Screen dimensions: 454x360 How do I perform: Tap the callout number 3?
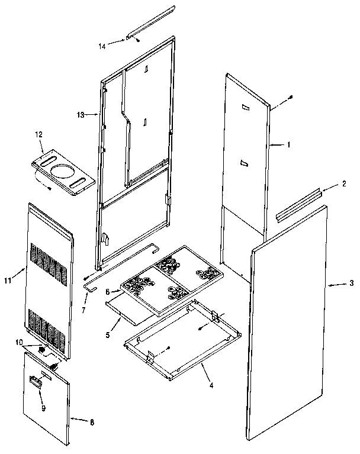pyautogui.click(x=351, y=285)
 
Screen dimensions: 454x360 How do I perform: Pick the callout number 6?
pyautogui.click(x=108, y=292)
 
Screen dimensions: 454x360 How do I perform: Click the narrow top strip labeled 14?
pyautogui.click(x=150, y=24)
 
